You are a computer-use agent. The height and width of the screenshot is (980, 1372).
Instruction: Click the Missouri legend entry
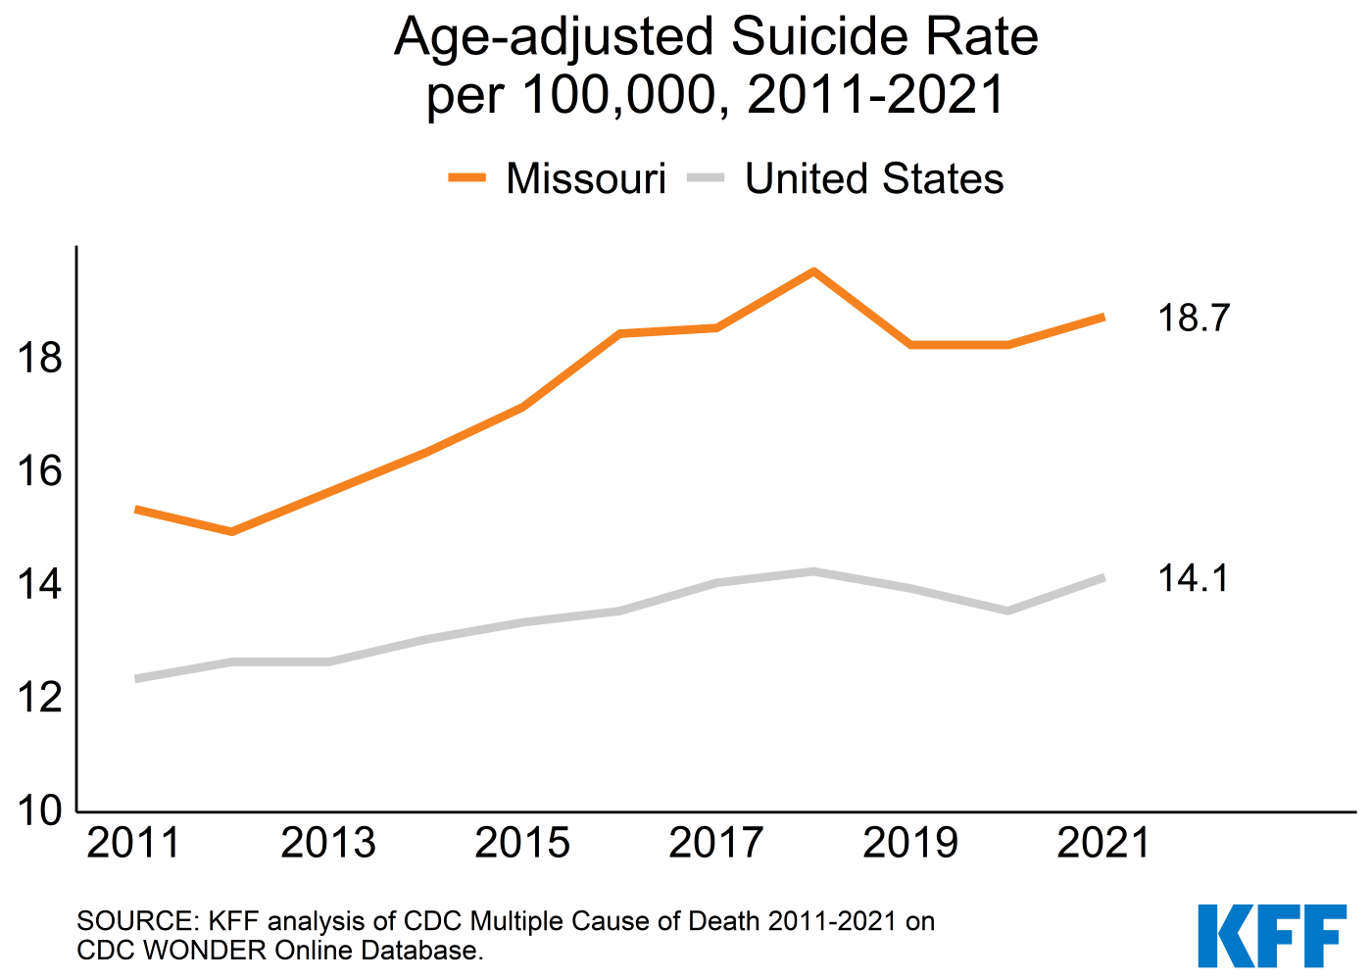[x=585, y=179]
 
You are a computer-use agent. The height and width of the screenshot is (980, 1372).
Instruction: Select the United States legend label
[x=873, y=179]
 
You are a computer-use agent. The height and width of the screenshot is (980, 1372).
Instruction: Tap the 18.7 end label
[x=1193, y=318]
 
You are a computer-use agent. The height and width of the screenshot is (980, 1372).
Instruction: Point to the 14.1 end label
[x=1193, y=578]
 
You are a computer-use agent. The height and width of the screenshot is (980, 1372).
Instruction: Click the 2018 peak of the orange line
[x=813, y=271]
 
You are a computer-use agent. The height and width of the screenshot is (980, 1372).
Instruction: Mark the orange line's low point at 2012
[x=231, y=531]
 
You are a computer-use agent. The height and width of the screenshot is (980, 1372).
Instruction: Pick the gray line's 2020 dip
[x=1007, y=611]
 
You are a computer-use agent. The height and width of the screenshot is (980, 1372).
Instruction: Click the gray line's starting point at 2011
[x=136, y=678]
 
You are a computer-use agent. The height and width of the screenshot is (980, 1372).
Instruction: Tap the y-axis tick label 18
[x=39, y=359]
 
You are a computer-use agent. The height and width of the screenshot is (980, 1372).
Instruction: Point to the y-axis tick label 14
[x=39, y=585]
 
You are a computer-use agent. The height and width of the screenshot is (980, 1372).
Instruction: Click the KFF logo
[x=1272, y=935]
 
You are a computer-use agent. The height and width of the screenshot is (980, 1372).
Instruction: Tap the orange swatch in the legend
[x=466, y=178]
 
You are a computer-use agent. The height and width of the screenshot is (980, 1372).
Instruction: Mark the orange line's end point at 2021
[x=1103, y=318]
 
